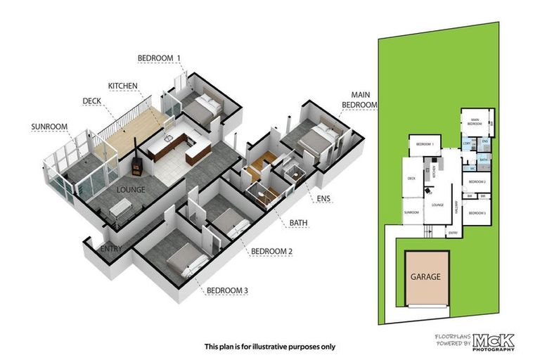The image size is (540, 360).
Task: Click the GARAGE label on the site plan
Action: click(x=425, y=276)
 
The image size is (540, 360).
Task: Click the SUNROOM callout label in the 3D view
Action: click(x=49, y=127)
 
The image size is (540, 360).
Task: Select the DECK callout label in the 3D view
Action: click(x=92, y=101)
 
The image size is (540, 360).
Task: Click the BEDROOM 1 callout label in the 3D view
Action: click(x=159, y=57)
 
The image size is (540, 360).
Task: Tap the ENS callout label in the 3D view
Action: click(x=323, y=199)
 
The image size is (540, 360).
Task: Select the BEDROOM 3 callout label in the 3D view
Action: click(x=227, y=290)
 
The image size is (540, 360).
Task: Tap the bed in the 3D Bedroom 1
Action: click(x=204, y=110)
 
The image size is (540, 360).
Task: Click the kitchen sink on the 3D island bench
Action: click(x=169, y=130)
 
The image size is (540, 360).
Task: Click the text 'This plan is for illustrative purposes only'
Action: click(x=270, y=346)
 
